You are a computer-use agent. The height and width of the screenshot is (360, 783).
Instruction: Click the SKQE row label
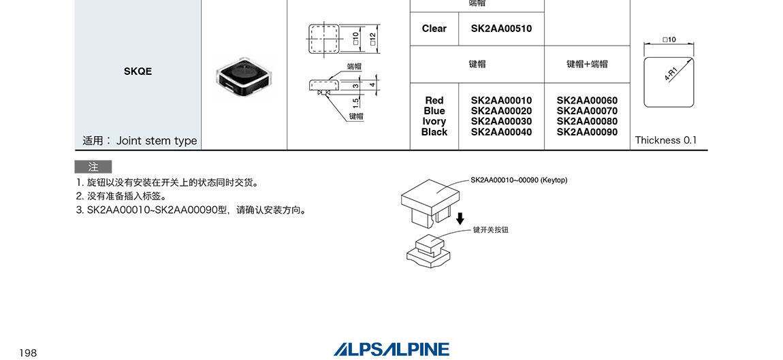coord(138,71)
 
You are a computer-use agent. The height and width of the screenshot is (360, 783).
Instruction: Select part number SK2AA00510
coord(501,29)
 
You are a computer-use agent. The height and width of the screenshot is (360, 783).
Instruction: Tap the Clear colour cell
coord(434,29)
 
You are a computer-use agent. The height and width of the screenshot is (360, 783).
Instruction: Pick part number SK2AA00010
coord(501,101)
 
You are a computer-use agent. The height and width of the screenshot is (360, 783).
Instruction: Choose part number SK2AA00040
coord(501,132)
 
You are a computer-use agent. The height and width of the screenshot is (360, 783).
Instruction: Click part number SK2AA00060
coord(587,101)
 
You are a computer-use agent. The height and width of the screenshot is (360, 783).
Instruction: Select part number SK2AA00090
coord(587,132)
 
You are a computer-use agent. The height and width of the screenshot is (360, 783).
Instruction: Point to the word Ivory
coord(434,122)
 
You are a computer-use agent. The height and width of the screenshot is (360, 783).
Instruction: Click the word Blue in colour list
coord(434,111)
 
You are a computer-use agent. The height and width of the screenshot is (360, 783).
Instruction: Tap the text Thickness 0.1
coord(666,140)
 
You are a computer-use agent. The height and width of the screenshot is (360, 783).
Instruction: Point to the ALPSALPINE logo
coord(391,349)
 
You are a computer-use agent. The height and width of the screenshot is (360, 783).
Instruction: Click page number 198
coord(28,353)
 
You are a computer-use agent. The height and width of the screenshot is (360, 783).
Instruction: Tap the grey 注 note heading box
coord(93,167)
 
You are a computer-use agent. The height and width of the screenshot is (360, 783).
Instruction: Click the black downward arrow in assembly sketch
coord(460,218)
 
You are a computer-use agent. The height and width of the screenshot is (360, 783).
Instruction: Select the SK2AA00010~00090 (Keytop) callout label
coord(518,180)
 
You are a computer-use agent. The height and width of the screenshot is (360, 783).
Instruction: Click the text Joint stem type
coord(157,141)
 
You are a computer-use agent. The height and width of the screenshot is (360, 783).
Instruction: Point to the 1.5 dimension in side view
coord(355,102)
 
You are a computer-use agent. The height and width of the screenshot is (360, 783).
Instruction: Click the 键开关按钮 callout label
coord(490,230)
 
